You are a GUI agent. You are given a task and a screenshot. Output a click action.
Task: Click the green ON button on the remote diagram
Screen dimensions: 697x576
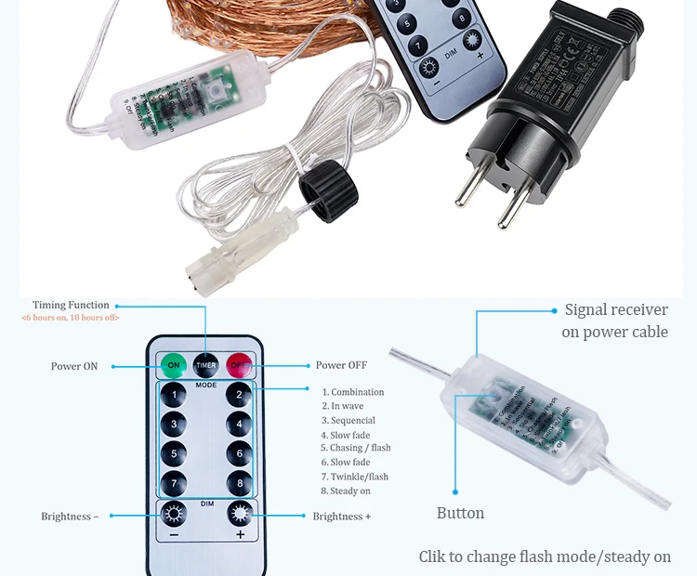point(173,365)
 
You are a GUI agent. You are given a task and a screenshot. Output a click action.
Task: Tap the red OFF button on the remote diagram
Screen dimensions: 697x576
point(239,365)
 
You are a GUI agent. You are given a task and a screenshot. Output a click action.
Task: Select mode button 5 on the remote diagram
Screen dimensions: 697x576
point(173,454)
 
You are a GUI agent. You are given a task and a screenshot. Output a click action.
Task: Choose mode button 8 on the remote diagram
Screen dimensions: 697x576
point(239,484)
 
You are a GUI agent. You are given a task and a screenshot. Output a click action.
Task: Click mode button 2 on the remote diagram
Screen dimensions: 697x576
point(239,395)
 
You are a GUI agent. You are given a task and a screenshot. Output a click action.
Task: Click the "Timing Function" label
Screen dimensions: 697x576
point(71,305)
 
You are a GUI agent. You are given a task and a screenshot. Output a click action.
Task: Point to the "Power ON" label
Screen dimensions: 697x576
point(73,366)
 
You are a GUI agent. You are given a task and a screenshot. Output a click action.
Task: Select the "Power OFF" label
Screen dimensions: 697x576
point(342,365)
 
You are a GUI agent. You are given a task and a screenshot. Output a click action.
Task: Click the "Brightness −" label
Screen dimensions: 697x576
point(69,517)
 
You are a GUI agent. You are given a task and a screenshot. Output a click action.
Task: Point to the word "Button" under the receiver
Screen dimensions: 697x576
point(460,513)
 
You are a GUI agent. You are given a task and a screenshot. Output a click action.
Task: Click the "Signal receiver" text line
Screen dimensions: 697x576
point(616,310)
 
